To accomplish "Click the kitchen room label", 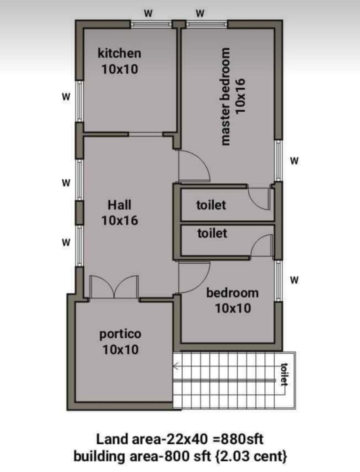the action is pos(120,53).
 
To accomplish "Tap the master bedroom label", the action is pos(225,96).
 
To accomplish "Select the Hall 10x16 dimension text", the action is pos(120,221).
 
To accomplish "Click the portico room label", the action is pos(120,334).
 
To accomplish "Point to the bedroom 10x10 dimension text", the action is pos(233,308).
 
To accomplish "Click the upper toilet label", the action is pos(211,205).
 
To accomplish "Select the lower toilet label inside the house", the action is pos(212,233).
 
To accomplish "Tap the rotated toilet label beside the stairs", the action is pos(284,374).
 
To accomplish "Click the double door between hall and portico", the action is pos(114,286).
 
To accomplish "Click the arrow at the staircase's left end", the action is pos(176,366).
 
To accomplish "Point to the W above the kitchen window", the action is pos(148,13).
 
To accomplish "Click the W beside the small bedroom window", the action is pos(294,280).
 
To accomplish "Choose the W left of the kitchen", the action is pos(66,97).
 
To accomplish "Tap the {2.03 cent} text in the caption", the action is pos(251,457).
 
